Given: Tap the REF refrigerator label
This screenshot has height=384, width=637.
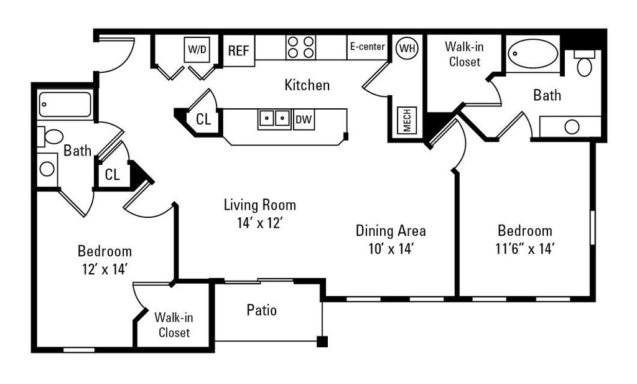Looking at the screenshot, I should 238,51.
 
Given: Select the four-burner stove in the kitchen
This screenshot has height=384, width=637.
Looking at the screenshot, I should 300,47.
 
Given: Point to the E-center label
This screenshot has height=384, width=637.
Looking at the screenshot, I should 367,47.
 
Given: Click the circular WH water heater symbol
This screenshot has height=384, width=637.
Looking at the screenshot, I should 407,47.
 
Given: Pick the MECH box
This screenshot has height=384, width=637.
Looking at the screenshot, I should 407,120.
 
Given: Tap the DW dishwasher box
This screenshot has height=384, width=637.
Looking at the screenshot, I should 304,119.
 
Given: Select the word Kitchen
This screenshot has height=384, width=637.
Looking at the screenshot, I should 307,85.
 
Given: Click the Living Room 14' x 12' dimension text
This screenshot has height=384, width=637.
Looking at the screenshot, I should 259,223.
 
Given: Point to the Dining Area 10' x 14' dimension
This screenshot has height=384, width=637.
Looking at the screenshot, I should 391,249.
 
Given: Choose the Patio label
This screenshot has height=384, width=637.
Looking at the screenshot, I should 261,310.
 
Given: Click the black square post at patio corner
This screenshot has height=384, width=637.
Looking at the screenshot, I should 322,341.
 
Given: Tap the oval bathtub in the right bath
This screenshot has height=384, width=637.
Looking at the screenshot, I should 532,54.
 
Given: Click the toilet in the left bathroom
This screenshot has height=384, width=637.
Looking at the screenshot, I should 52,136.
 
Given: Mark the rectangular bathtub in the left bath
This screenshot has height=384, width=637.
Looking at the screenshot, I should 65,105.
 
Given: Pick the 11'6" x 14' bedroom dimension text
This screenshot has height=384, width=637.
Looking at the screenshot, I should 523,249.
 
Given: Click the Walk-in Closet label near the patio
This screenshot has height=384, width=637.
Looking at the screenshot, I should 174,325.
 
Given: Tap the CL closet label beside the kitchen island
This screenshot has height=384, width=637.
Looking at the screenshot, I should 203,119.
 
